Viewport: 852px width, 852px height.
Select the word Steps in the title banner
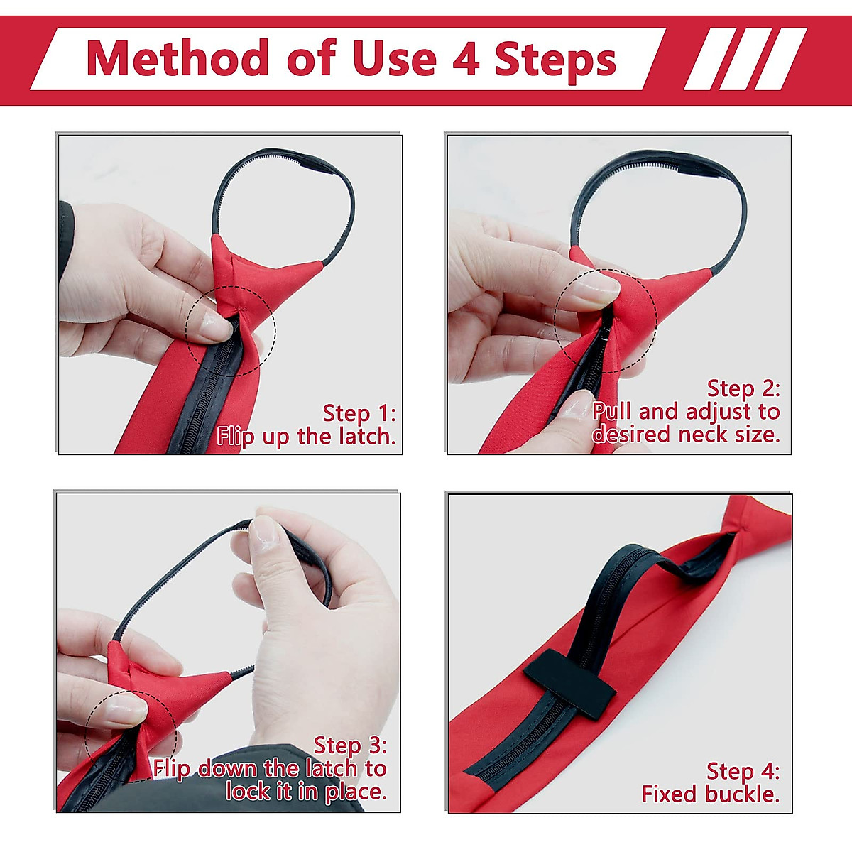click(x=555, y=59)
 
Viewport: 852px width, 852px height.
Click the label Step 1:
click(x=359, y=413)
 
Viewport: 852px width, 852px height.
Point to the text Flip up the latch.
click(x=306, y=436)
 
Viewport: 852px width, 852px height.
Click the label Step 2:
click(x=743, y=388)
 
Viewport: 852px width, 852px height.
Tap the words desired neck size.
click(x=686, y=434)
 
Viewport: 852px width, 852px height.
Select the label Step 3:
click(x=350, y=745)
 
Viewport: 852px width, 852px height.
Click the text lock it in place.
click(x=306, y=791)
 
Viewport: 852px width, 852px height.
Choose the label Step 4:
click(x=743, y=771)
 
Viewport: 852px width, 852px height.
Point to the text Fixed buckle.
click(x=710, y=794)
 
